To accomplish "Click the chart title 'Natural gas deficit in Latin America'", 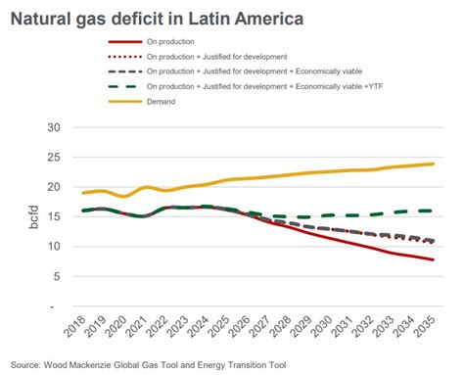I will [141, 17].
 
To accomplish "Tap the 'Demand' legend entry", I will [162, 101].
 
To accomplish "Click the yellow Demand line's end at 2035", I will [434, 164].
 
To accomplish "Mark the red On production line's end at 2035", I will [434, 259].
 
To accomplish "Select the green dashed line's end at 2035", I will [434, 211].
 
